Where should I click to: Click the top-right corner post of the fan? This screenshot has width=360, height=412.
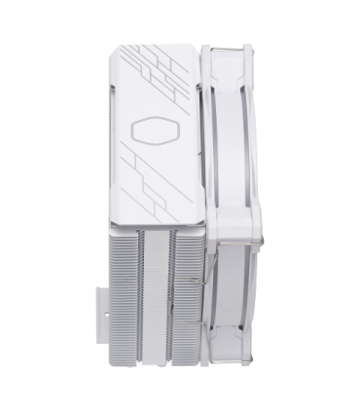tap(251, 54)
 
